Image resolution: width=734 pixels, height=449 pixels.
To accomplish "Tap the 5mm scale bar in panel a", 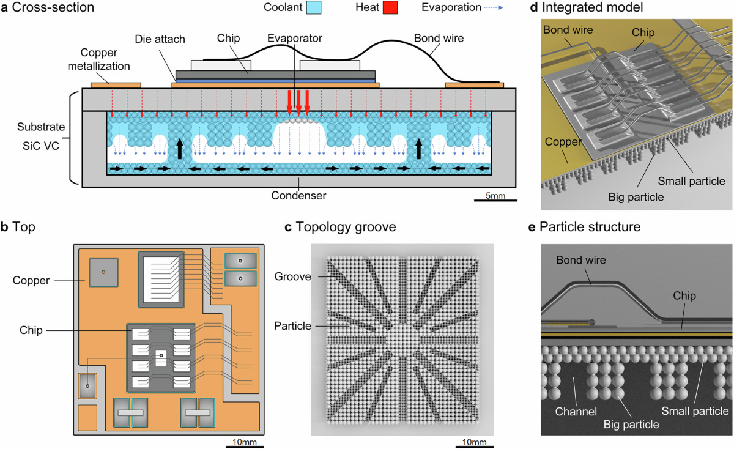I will click(x=495, y=199).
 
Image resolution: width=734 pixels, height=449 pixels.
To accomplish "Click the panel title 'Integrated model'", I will click(x=594, y=9).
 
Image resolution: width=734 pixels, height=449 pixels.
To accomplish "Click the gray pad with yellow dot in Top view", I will click(x=103, y=272).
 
